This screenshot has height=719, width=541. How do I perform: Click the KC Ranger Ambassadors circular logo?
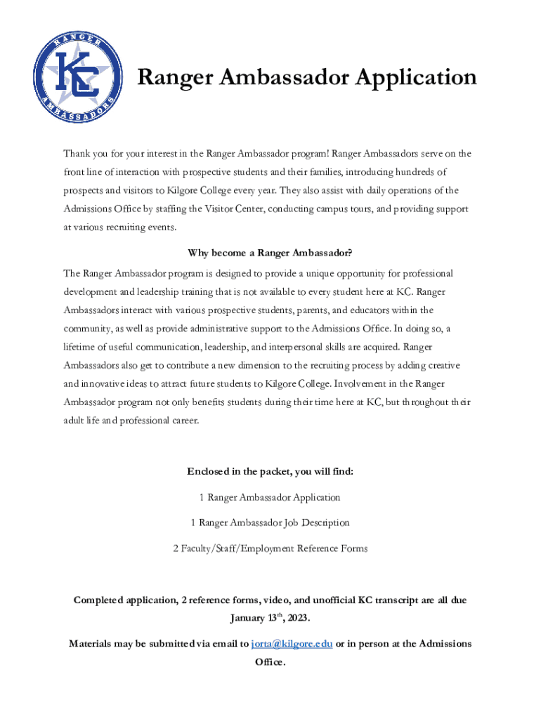pos(77,77)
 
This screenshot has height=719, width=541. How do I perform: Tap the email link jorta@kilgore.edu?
pos(292,643)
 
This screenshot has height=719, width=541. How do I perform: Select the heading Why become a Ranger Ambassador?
pos(270,253)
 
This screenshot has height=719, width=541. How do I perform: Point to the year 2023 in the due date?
pos(296,618)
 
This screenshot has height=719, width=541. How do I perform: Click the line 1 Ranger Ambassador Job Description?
pos(270,522)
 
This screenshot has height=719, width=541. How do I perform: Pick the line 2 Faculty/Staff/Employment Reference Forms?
pos(270,548)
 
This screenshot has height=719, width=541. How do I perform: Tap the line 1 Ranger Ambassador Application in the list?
pos(270,497)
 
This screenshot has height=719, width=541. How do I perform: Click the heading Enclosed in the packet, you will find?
pos(270,471)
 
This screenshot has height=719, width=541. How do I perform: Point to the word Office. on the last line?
pos(270,662)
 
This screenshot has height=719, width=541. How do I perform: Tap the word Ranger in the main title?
pos(173,77)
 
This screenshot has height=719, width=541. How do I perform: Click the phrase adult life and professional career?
pos(131,421)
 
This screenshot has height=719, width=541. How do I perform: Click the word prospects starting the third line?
pos(85,190)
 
